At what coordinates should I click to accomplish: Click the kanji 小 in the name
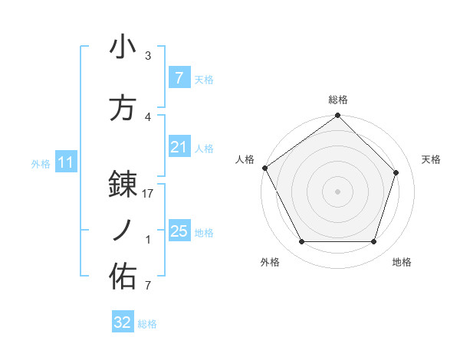123,47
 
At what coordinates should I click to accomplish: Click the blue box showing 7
179,78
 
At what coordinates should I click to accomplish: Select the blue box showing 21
179,147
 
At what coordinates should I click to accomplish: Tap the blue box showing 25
179,231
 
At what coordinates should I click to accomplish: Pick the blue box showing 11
66,162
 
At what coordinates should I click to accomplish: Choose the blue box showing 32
123,322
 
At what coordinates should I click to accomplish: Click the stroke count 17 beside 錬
148,195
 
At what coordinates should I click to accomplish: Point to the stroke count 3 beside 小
148,56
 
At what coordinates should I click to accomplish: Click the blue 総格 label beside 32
147,324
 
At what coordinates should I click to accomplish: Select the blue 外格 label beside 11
40,163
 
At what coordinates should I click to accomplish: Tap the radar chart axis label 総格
338,100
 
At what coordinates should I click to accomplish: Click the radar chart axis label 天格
432,159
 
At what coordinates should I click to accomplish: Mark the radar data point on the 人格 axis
264,168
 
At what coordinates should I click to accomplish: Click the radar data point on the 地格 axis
374,242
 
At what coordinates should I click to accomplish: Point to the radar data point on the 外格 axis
301,242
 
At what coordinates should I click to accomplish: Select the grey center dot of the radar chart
337,191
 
